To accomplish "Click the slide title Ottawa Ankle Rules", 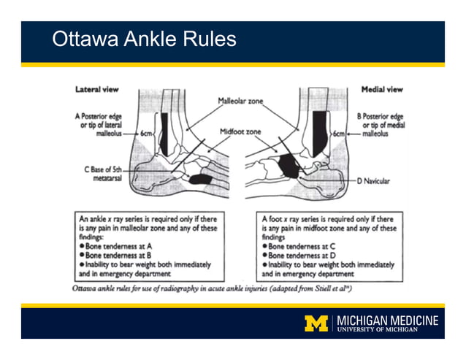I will pyautogui.click(x=144, y=39).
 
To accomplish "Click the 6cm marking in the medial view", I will pyautogui.click(x=338, y=134).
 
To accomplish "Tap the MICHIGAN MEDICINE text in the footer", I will pyautogui.click(x=387, y=320).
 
